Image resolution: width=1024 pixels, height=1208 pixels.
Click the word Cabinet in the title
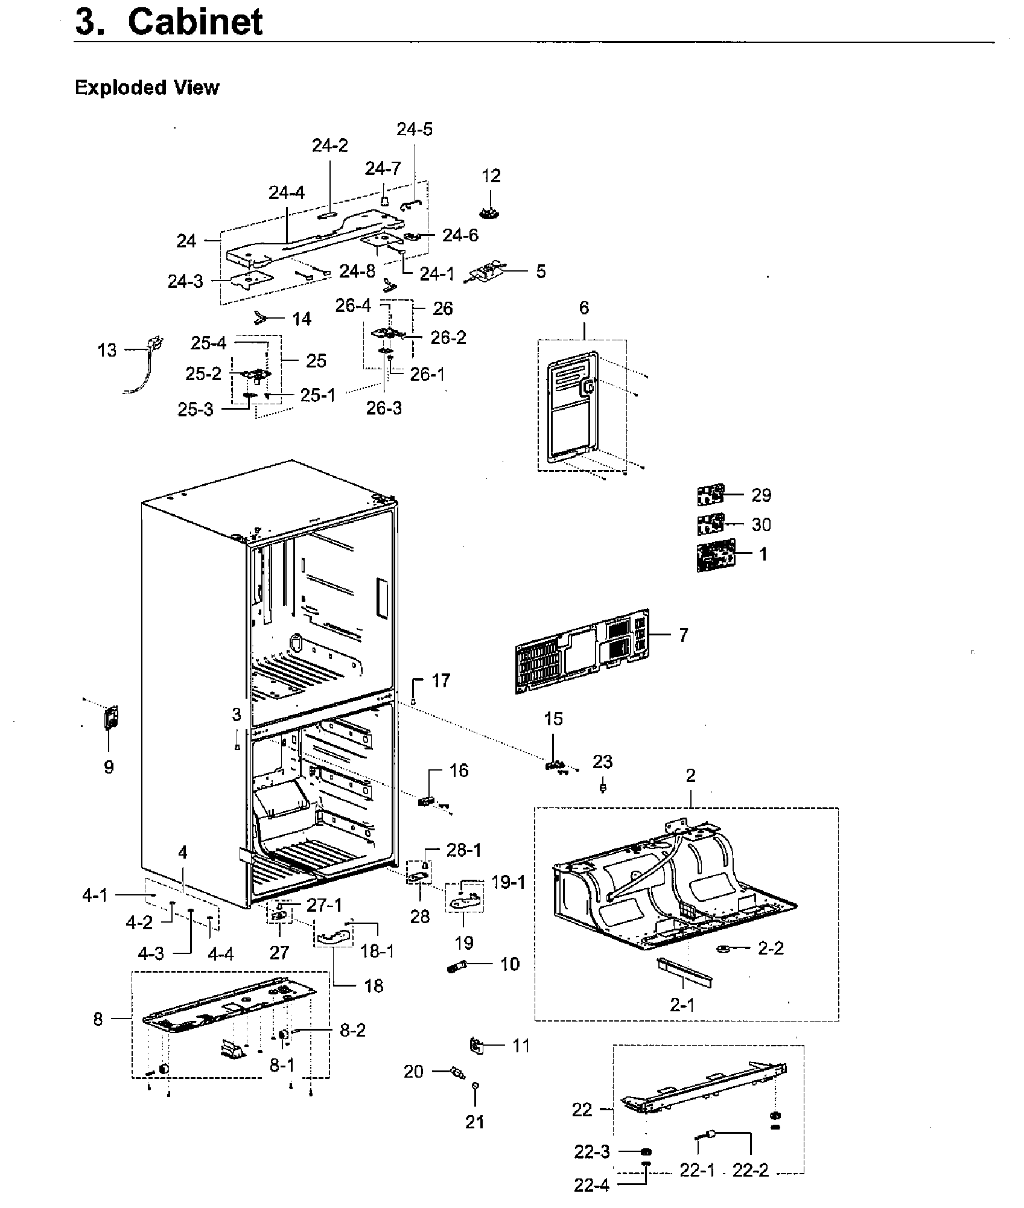[196, 22]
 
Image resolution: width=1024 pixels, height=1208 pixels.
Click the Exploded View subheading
[147, 87]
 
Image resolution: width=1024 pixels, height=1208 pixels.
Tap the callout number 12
[491, 176]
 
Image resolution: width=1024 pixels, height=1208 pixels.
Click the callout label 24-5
[415, 129]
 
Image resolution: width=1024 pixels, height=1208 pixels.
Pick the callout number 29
[761, 495]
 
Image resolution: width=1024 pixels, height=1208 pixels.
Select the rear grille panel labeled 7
[582, 651]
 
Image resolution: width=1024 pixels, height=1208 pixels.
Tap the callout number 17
[441, 681]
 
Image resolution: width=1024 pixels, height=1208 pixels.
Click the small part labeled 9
[111, 717]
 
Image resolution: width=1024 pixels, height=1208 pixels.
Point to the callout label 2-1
[682, 1005]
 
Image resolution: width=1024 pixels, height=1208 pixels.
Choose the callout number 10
[510, 964]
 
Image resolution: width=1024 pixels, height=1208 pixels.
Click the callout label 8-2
[352, 1030]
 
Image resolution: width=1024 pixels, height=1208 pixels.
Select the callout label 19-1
[508, 882]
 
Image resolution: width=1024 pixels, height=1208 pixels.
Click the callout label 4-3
[151, 953]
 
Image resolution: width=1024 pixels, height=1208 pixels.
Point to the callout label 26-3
[384, 408]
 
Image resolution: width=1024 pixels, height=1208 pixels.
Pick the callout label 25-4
[208, 343]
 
